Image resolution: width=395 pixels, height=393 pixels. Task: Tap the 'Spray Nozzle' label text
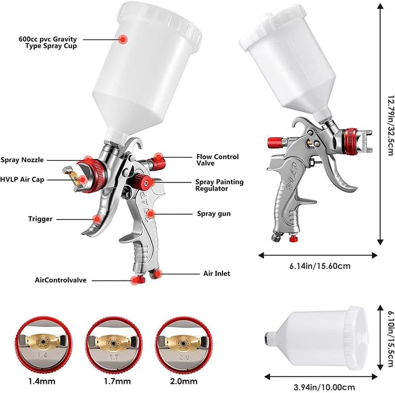click(x=22, y=160)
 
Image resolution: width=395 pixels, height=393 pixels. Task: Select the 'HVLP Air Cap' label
click(x=22, y=180)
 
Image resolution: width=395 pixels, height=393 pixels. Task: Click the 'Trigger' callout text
click(x=40, y=219)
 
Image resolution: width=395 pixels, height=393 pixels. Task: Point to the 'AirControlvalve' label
click(x=61, y=280)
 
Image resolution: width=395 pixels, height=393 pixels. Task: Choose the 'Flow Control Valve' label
click(x=217, y=160)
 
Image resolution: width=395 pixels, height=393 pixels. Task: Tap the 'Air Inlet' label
click(x=216, y=273)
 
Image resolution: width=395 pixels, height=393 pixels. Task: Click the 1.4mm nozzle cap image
click(x=41, y=342)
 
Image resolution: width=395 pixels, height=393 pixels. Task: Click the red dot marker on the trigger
click(x=98, y=218)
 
